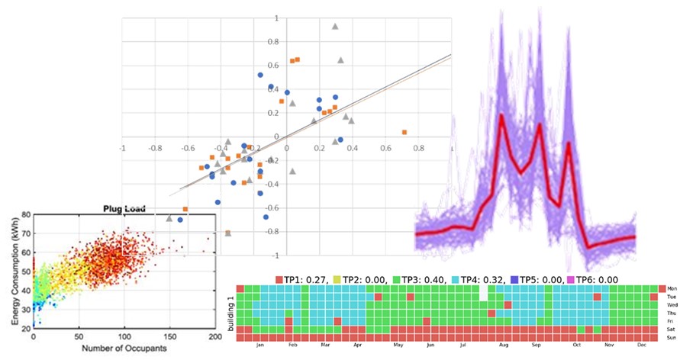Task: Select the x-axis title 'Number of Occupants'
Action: tap(124, 349)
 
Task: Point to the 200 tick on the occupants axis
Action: tap(216, 336)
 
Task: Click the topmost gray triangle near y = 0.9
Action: tap(335, 27)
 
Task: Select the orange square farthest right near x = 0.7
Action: tap(404, 132)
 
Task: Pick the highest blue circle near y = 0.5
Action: tap(260, 76)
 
